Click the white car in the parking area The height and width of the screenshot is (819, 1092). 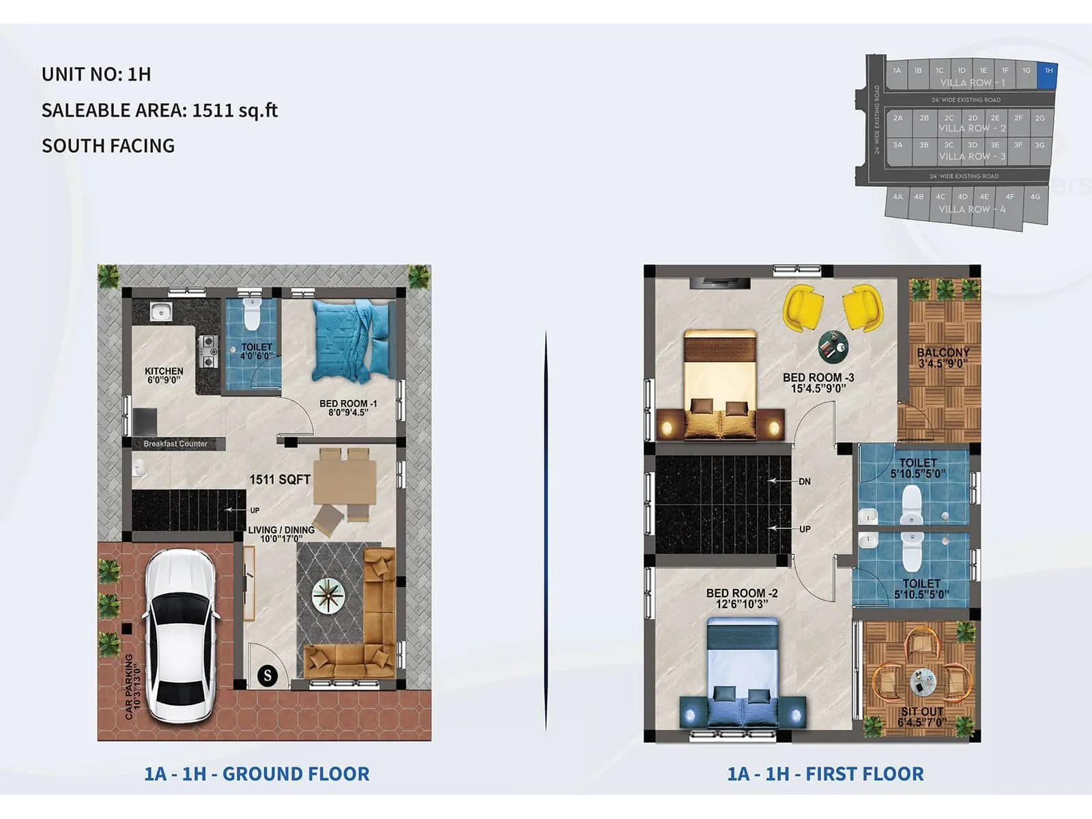pyautogui.click(x=181, y=635)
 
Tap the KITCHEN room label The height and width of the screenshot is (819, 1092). pyautogui.click(x=164, y=371)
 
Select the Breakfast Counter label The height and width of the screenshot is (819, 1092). pyautogui.click(x=175, y=444)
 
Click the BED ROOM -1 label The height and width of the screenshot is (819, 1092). pyautogui.click(x=348, y=403)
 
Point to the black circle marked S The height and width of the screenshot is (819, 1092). pyautogui.click(x=268, y=676)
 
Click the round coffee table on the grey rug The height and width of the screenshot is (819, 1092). pyautogui.click(x=328, y=595)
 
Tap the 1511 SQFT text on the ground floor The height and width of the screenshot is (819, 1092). pyautogui.click(x=280, y=479)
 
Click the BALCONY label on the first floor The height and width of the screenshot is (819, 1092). pyautogui.click(x=943, y=353)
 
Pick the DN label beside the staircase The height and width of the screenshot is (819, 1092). pyautogui.click(x=805, y=482)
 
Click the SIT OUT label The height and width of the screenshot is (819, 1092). pyautogui.click(x=921, y=712)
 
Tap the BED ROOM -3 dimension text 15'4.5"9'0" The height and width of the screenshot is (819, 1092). pyautogui.click(x=818, y=389)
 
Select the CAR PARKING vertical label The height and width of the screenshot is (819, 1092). pyautogui.click(x=129, y=686)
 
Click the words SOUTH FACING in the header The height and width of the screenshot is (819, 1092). pyautogui.click(x=108, y=146)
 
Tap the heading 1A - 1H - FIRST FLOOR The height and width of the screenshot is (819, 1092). pyautogui.click(x=825, y=774)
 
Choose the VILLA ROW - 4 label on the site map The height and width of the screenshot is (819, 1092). pyautogui.click(x=972, y=210)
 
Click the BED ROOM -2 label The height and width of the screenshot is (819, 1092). pyautogui.click(x=742, y=594)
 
